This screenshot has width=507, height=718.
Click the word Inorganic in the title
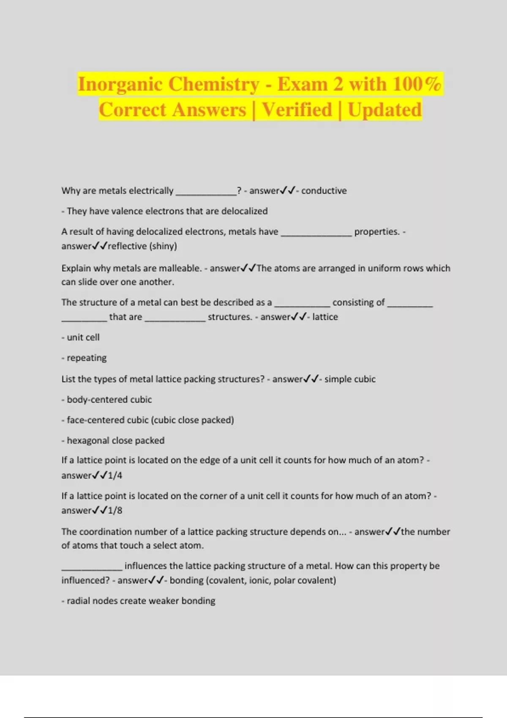pyautogui.click(x=125, y=84)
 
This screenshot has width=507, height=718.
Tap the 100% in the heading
pyautogui.click(x=417, y=84)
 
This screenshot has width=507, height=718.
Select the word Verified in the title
pyautogui.click(x=297, y=110)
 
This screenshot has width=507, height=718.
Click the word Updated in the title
pyautogui.click(x=384, y=110)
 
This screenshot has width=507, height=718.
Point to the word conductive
pyautogui.click(x=324, y=191)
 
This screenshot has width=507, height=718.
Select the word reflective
pyautogui.click(x=127, y=246)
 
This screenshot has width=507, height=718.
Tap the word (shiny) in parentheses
pyautogui.click(x=163, y=246)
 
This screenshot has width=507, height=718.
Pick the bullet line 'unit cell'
pyautogui.click(x=83, y=337)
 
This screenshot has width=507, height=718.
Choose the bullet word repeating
pyautogui.click(x=86, y=358)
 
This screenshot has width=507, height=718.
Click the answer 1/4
pyautogui.click(x=115, y=476)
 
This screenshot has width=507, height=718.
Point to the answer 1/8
pyautogui.click(x=115, y=511)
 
